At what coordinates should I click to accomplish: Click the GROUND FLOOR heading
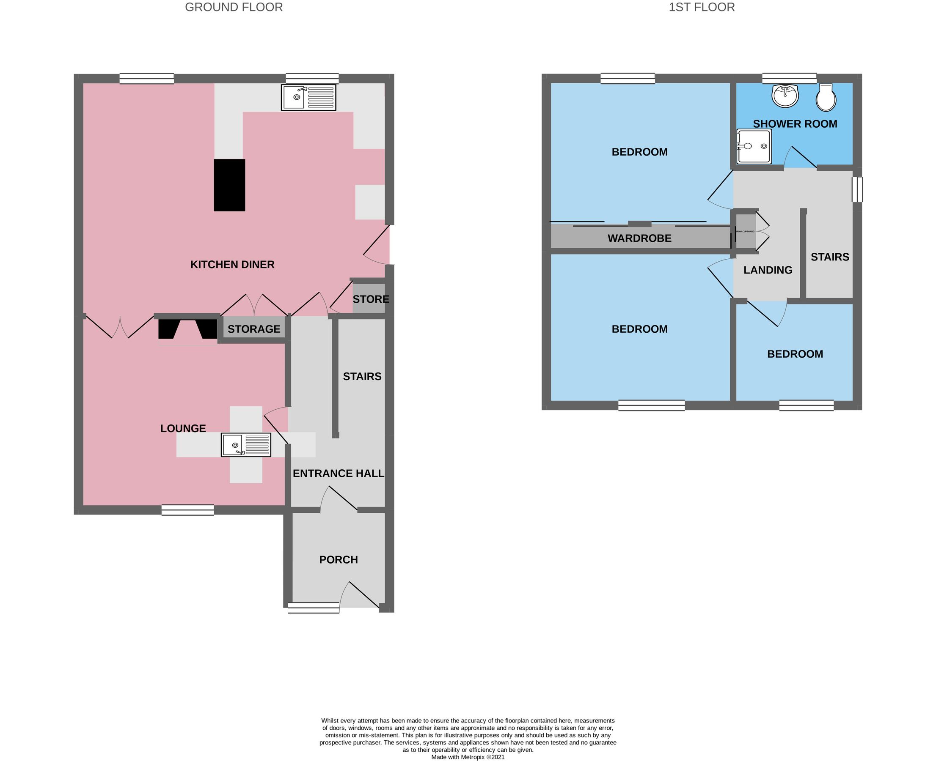[234, 8]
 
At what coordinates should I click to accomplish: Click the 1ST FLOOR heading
[701, 8]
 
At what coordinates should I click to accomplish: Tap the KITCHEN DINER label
[232, 264]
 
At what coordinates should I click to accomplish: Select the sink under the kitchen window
[308, 97]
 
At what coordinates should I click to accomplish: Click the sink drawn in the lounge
[246, 445]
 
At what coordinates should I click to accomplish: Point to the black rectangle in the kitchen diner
[229, 185]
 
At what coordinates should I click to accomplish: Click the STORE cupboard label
[370, 299]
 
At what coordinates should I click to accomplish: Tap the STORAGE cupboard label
[253, 329]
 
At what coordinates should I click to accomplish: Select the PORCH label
[339, 559]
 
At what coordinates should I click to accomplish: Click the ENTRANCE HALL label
[339, 473]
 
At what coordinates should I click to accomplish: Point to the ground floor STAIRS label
[362, 376]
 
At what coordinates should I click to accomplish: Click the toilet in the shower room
[826, 98]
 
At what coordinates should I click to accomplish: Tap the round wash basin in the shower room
[785, 96]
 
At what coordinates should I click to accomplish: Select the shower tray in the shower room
[754, 146]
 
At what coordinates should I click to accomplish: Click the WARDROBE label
[639, 238]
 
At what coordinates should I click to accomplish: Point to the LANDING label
[768, 270]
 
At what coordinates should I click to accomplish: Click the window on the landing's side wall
[857, 189]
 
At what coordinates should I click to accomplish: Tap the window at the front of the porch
[313, 608]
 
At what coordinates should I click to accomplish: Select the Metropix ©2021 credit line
[468, 757]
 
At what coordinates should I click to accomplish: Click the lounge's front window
[187, 510]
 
